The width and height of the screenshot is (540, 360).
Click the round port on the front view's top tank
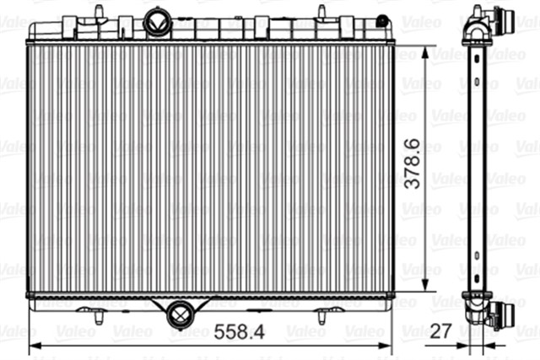coord(156,23)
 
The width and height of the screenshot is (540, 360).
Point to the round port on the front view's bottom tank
coord(180,313)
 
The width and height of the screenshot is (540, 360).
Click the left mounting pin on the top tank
coord(100,12)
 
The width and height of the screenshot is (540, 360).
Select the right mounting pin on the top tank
coord(321,13)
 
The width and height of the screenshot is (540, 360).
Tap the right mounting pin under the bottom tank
coord(321,317)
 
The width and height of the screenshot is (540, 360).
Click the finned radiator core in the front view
coord(211,169)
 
